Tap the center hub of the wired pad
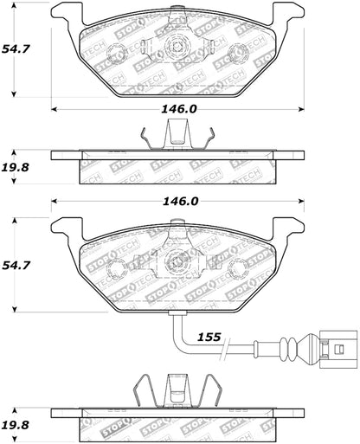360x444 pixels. point(177,260)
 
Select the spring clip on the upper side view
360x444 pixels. point(177,136)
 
